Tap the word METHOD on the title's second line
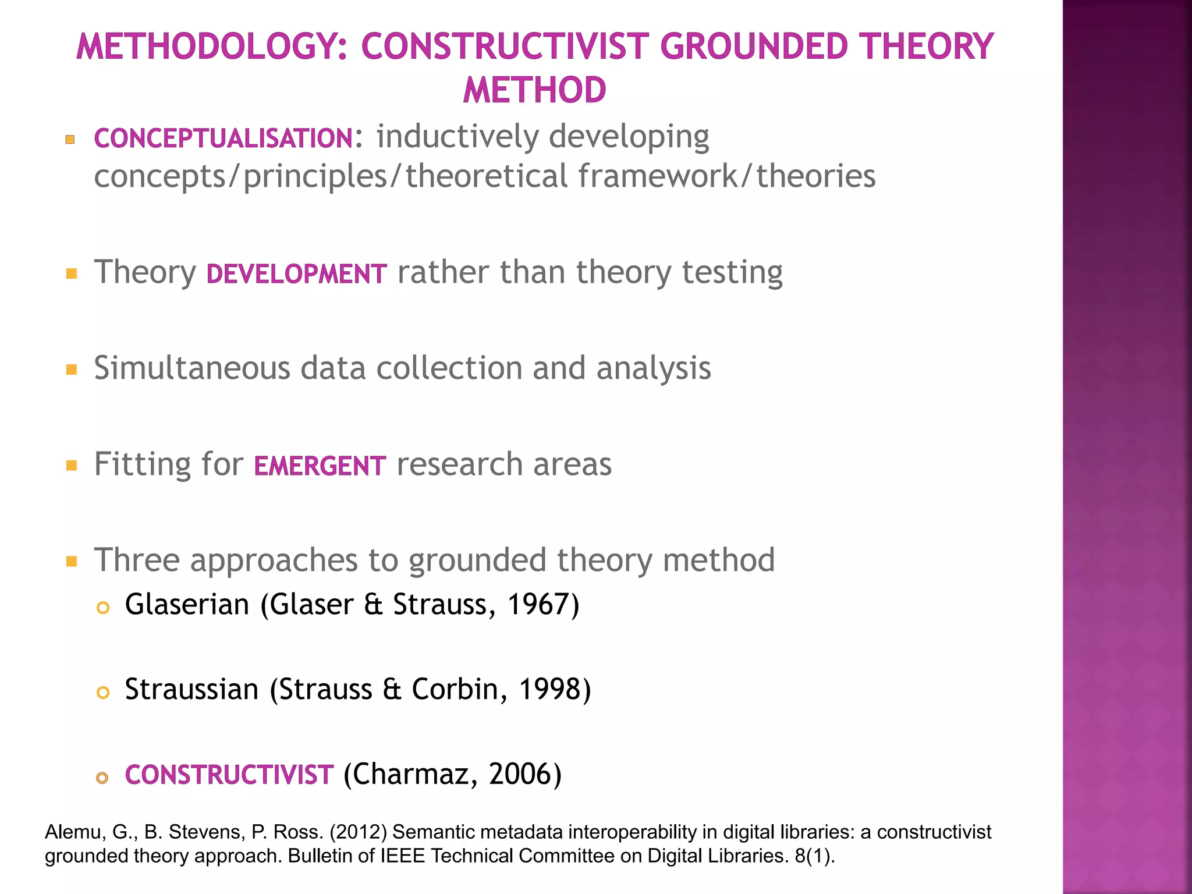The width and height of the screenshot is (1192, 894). point(534,90)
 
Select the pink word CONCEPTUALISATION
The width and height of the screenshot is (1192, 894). point(223,139)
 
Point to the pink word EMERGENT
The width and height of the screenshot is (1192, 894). point(320,466)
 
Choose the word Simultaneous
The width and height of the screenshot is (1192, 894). point(192,368)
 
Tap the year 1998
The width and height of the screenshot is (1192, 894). point(549,689)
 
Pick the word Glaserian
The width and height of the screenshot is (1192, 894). point(187,604)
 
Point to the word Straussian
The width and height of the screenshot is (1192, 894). point(191,689)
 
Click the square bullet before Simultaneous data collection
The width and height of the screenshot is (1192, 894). point(72,370)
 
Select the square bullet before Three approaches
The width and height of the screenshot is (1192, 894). point(72,562)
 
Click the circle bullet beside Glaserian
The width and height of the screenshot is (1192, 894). point(103,608)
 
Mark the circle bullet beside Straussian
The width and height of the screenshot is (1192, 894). point(103,693)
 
